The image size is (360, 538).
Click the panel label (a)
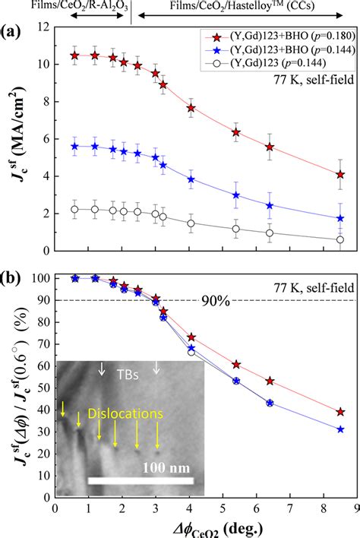pos(15,35)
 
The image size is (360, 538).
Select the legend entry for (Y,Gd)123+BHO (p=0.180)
pos(281,35)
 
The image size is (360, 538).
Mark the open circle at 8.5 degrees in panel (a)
pos(340,239)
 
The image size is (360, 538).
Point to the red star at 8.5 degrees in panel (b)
pos(340,412)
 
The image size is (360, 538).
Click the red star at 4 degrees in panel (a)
pos(191,109)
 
